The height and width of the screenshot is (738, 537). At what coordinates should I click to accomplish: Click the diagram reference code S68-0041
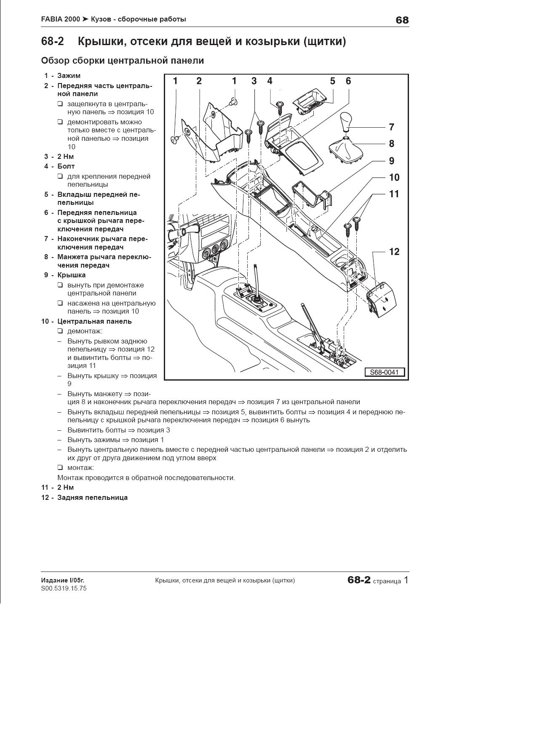(384, 372)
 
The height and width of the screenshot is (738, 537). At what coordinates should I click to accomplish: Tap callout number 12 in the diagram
(394, 252)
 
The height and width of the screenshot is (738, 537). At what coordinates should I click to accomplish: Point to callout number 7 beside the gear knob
(391, 127)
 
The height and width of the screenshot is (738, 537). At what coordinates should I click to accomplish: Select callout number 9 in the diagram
(391, 161)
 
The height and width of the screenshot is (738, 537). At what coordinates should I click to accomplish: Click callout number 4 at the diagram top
(270, 81)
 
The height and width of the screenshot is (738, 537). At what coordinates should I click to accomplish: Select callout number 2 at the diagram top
(199, 81)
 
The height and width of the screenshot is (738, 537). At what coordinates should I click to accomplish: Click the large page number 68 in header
(402, 20)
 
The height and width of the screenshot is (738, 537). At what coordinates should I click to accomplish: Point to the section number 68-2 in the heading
(52, 42)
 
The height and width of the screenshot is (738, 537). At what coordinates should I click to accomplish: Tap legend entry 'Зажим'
(69, 76)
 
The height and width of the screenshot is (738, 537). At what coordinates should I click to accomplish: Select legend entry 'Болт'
(66, 166)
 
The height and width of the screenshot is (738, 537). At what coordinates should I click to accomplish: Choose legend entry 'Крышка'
(71, 275)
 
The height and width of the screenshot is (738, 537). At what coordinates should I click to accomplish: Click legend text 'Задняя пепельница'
(92, 498)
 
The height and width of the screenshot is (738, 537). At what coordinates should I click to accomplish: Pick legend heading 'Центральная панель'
(94, 322)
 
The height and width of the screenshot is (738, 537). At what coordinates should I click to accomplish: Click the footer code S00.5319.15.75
(64, 588)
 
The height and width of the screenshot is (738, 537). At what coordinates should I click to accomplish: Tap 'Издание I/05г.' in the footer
(62, 580)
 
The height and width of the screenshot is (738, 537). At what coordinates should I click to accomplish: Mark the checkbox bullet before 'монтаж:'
(60, 468)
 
